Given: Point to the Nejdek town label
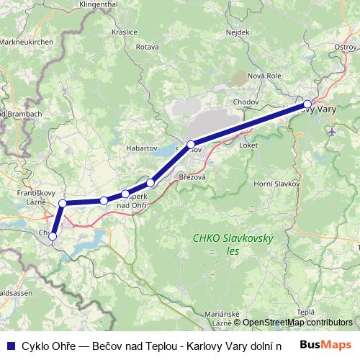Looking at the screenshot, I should click(x=237, y=32).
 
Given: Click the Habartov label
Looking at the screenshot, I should click(x=141, y=148).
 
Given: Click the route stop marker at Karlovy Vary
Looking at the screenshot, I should click(x=307, y=104).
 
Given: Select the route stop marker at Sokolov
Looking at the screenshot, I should click(x=190, y=145).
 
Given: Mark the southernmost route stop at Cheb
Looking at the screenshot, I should click(x=52, y=236).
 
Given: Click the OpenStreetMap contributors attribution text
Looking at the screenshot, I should click(x=297, y=323).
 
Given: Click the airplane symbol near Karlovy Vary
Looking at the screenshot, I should click(x=330, y=132).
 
